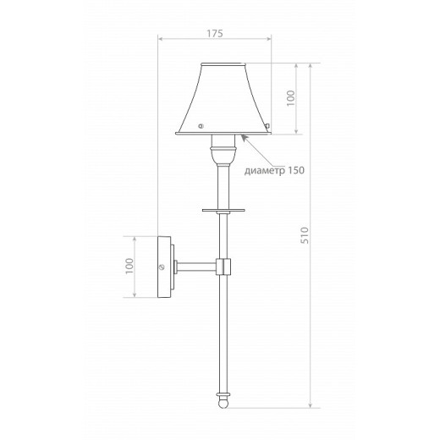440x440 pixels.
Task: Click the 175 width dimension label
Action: (x=215, y=33)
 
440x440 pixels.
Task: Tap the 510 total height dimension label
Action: (x=305, y=235)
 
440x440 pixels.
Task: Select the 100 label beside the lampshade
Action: (x=290, y=98)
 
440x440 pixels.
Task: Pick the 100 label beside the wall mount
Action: (x=129, y=266)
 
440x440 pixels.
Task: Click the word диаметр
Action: (x=264, y=170)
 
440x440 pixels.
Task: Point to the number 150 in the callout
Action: (x=296, y=170)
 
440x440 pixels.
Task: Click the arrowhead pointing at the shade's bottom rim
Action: (x=244, y=138)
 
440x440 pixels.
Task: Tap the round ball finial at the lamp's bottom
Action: (x=223, y=403)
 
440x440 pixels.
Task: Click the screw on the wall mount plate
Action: (x=162, y=267)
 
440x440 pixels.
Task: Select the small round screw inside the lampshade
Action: (x=201, y=126)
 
